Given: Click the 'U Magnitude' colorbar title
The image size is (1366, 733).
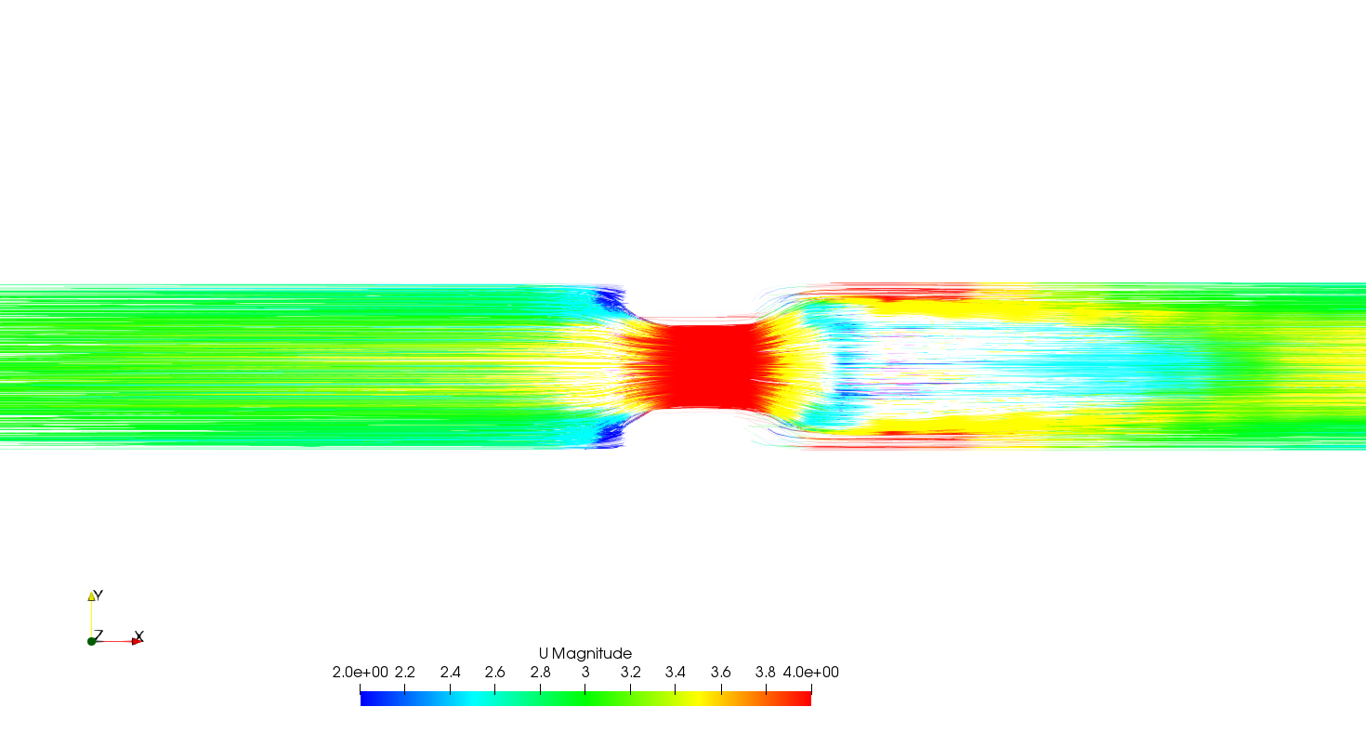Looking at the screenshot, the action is point(585,654).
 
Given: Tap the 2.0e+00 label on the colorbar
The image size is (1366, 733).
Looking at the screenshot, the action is point(360,672).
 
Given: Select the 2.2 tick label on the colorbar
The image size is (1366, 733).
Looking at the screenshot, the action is point(405,672).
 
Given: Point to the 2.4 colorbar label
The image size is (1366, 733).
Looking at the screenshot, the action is point(450,672).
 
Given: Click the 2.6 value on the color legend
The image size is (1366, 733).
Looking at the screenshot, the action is point(494,672).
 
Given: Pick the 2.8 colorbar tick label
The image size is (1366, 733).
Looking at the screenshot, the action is point(540,672).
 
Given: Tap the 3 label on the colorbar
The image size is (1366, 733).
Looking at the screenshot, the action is point(585,672).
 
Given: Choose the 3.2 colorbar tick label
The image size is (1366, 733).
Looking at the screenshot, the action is point(631,672).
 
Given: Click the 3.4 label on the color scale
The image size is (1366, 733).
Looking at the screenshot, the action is point(675,672).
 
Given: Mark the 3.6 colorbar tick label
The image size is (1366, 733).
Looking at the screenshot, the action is point(721,672).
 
